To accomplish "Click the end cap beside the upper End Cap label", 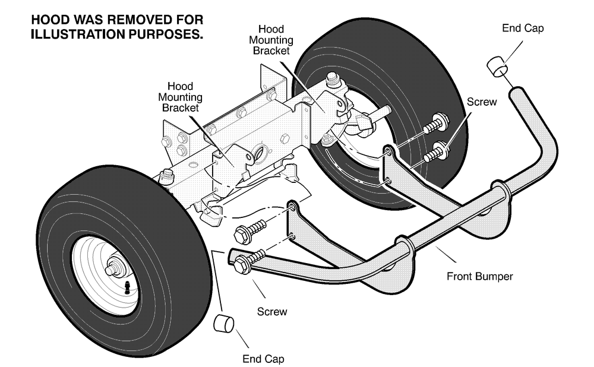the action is [x=497, y=67].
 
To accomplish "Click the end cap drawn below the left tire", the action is [x=223, y=323].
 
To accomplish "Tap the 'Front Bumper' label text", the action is [x=479, y=277].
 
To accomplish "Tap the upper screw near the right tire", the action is [x=436, y=123].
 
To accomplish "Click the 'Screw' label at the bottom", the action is [x=272, y=312].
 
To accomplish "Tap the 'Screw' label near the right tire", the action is [x=482, y=102].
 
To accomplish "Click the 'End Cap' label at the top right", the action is [x=523, y=28].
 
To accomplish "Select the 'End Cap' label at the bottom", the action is [x=263, y=359].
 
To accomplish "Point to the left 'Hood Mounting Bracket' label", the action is [x=181, y=97].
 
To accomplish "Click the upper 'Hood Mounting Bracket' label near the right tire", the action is [x=271, y=40].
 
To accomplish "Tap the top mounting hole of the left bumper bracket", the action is [x=292, y=207].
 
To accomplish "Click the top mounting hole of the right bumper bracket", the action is [x=387, y=151].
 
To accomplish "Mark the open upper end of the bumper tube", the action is [x=517, y=92].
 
